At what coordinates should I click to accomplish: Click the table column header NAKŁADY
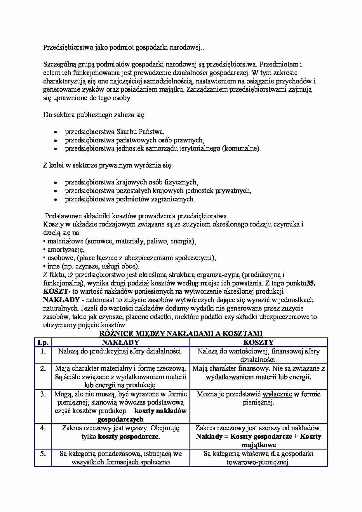pyautogui.click(x=120, y=342)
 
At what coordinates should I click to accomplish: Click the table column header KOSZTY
pyautogui.click(x=258, y=342)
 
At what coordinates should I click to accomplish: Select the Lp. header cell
pyautogui.click(x=43, y=342)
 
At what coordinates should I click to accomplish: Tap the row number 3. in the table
pyautogui.click(x=43, y=394)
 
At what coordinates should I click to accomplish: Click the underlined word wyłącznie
pyautogui.click(x=277, y=394)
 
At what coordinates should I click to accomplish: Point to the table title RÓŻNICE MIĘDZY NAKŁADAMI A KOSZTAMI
pyautogui.click(x=181, y=334)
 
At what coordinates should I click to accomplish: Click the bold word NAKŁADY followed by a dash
pyautogui.click(x=62, y=300)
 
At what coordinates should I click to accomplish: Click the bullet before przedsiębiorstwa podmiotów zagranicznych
pyautogui.click(x=55, y=200)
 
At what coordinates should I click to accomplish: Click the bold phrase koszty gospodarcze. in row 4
pyautogui.click(x=129, y=437)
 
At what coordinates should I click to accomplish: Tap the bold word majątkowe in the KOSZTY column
pyautogui.click(x=258, y=445)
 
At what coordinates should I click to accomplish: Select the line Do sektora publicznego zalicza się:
pyautogui.click(x=95, y=115)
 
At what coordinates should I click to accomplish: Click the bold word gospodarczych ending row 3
pyautogui.click(x=120, y=419)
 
